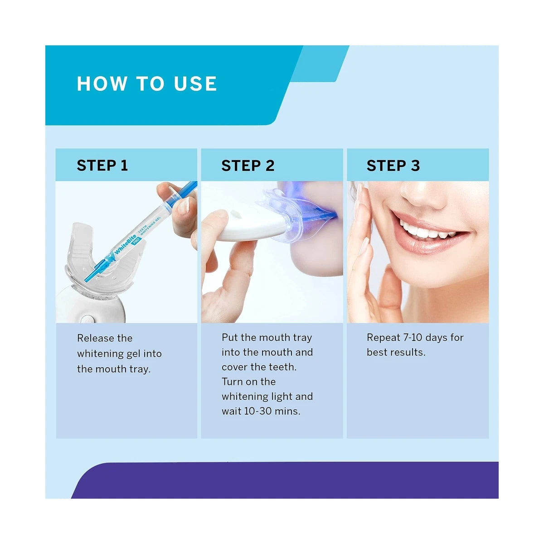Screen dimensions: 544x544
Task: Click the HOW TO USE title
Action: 147,84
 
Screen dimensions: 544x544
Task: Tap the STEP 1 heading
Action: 102,165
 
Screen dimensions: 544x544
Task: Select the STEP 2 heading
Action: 248,165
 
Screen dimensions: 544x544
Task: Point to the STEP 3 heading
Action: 393,165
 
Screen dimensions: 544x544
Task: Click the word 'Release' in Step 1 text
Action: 95,338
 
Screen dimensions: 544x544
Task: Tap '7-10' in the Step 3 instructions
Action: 413,338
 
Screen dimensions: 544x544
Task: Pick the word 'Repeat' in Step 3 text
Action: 383,338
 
